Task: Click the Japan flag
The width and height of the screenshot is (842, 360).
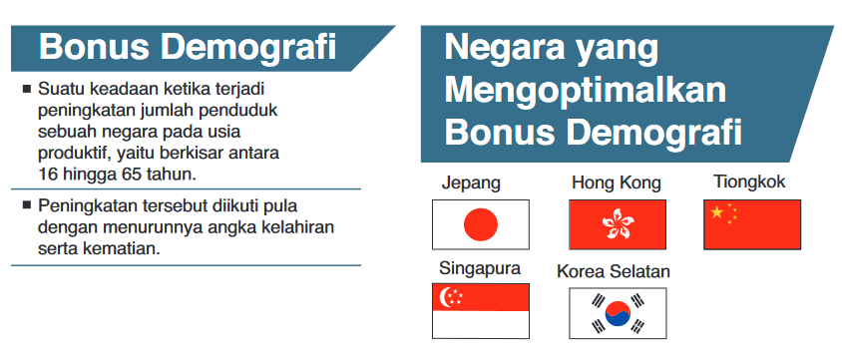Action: [480, 224]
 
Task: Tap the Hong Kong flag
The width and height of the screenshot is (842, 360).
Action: [617, 224]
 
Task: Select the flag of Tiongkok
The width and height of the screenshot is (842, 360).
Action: [751, 224]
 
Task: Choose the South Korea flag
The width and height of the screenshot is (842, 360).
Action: [617, 313]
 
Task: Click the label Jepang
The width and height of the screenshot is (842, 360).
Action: [471, 182]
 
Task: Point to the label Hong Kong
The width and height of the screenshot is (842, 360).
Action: [616, 182]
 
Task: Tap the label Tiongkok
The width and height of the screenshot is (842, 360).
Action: [749, 181]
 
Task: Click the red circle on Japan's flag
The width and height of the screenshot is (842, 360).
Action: [480, 224]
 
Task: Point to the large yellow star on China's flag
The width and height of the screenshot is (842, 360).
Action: [715, 211]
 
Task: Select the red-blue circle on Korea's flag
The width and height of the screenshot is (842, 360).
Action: [617, 313]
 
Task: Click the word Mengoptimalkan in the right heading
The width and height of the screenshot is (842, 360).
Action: [585, 90]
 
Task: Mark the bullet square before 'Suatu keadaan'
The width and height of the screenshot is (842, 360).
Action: [26, 89]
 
